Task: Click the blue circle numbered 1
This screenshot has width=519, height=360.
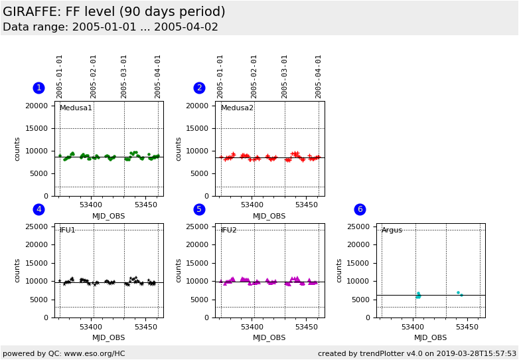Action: tap(38, 88)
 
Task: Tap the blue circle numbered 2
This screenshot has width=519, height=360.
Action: tap(199, 88)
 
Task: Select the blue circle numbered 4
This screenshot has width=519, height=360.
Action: tap(38, 209)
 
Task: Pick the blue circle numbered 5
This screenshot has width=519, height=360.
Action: tap(199, 209)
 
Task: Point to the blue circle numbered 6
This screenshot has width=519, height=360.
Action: tap(360, 209)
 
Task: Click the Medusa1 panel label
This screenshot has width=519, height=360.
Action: tap(76, 108)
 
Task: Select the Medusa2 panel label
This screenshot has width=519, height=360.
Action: tap(237, 108)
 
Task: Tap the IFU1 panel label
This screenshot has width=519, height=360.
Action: tap(68, 230)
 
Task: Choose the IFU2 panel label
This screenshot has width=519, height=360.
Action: tap(229, 230)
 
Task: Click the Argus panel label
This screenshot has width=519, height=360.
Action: tap(392, 230)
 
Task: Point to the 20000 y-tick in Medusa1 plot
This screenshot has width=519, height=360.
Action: tap(37, 106)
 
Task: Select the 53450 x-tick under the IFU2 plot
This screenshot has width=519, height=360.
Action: tap(306, 327)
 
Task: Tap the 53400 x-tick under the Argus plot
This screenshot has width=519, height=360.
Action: tap(413, 327)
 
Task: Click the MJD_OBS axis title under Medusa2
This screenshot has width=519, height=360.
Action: tap(269, 216)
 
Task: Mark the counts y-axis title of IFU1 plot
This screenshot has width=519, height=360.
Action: tap(18, 270)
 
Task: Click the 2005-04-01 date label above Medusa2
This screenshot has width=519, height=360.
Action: tap(319, 76)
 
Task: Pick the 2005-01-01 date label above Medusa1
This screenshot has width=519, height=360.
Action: tap(60, 76)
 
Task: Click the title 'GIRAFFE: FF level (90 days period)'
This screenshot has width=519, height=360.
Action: tap(114, 12)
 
